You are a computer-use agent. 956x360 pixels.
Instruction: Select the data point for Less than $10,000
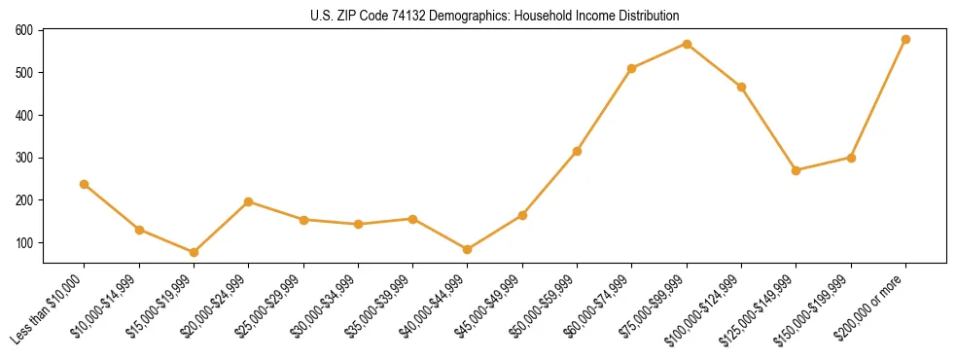pyautogui.click(x=85, y=184)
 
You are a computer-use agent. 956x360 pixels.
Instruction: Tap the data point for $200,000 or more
pyautogui.click(x=905, y=40)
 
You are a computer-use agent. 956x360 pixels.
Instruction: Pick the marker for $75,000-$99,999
pyautogui.click(x=687, y=44)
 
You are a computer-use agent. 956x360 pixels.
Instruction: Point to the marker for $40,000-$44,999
pyautogui.click(x=468, y=249)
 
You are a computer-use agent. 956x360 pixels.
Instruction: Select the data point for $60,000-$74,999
pyautogui.click(x=632, y=68)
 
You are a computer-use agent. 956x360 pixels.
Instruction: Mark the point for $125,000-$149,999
pyautogui.click(x=796, y=170)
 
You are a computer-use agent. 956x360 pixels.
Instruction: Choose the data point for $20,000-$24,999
pyautogui.click(x=249, y=201)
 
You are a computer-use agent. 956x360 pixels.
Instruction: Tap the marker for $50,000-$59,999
pyautogui.click(x=578, y=151)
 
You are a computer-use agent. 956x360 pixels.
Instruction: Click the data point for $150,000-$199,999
pyautogui.click(x=851, y=158)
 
